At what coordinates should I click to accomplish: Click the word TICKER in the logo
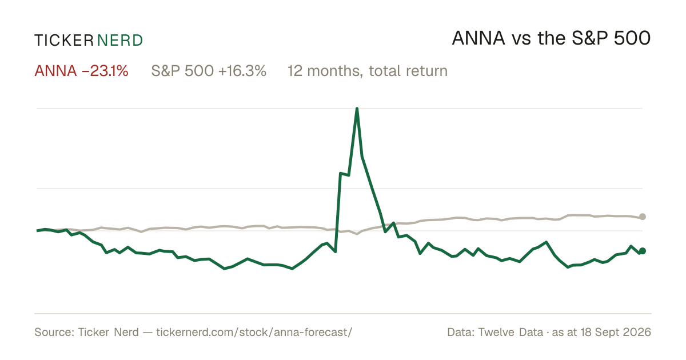click(x=64, y=41)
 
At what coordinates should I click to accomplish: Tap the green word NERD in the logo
click(x=119, y=41)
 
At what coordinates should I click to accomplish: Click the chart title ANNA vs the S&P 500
click(x=551, y=38)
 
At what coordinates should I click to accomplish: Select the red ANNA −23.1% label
click(x=81, y=71)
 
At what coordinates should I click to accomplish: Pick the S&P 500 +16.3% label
click(x=209, y=71)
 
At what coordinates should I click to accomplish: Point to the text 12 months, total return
click(x=368, y=71)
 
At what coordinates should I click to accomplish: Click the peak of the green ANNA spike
click(x=357, y=109)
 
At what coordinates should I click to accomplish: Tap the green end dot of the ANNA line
click(x=643, y=251)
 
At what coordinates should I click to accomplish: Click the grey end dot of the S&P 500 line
click(x=643, y=217)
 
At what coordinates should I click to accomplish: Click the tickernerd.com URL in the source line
click(x=254, y=332)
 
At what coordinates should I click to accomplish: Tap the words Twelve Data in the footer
click(x=510, y=332)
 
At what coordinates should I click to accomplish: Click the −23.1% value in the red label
click(x=105, y=71)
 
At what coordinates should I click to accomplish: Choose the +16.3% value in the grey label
click(x=242, y=71)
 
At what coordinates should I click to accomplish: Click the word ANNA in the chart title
click(x=478, y=38)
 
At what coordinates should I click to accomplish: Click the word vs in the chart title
click(x=521, y=40)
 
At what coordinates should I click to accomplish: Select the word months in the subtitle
click(x=336, y=71)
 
